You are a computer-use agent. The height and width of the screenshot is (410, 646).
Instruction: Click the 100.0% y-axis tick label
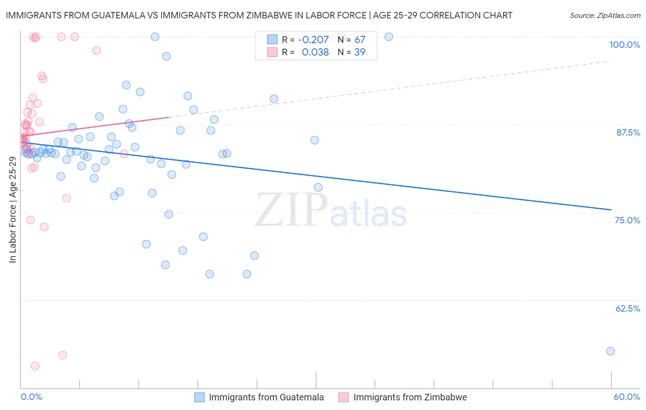point(624,45)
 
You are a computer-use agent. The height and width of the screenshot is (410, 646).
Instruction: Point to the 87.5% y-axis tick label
point(628,132)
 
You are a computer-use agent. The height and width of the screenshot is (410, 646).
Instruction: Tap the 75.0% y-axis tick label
point(627,220)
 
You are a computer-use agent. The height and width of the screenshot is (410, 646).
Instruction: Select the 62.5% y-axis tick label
point(628,308)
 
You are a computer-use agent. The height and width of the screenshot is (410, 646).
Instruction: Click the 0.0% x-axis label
point(31,397)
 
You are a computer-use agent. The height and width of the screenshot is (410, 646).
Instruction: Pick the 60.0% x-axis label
point(627,397)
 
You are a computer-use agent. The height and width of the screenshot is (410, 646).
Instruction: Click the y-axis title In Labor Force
point(12,210)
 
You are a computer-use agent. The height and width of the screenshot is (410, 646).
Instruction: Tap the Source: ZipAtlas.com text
point(605,16)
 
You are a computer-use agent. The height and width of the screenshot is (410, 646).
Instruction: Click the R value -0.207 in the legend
point(313,40)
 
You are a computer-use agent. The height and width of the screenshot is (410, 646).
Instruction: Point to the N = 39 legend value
point(351,52)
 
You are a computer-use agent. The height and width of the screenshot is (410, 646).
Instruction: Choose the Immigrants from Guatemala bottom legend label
point(266,397)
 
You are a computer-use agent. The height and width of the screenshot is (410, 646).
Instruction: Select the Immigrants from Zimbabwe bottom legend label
point(410,397)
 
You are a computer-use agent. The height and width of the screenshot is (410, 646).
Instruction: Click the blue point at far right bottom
point(610,351)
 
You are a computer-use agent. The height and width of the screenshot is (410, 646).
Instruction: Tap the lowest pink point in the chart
point(35,366)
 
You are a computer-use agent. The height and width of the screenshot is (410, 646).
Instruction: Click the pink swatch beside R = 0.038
point(272,52)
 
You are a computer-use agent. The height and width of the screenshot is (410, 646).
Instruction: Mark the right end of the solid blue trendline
point(611,210)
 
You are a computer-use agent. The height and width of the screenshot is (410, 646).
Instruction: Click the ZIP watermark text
point(291,211)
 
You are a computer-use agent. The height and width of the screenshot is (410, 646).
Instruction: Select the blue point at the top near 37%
point(388,37)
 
